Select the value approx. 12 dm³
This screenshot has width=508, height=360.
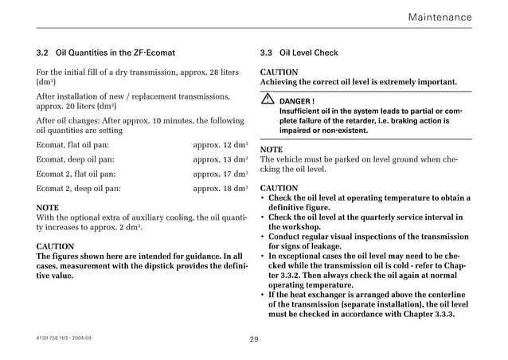220,146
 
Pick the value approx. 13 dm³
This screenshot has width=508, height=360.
220,159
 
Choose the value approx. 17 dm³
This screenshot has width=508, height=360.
220,173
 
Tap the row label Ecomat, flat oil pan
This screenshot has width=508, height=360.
68,146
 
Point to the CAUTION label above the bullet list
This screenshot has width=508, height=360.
279,188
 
